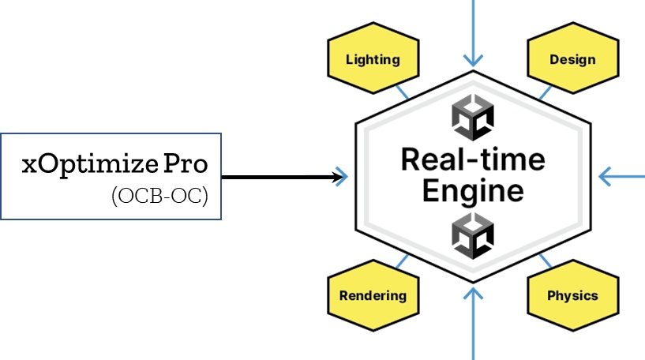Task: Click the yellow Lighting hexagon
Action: click(x=373, y=59)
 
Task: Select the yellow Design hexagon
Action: click(x=572, y=59)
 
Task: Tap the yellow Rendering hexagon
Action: click(x=373, y=296)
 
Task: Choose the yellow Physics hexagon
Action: click(x=572, y=296)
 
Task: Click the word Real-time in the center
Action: click(x=473, y=159)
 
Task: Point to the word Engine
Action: click(x=473, y=190)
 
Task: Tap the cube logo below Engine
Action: click(x=473, y=234)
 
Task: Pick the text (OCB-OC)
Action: click(x=160, y=195)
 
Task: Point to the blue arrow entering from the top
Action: click(x=473, y=32)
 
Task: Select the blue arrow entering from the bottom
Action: click(x=473, y=324)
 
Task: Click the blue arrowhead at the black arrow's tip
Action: click(x=341, y=177)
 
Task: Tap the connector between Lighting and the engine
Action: click(x=402, y=92)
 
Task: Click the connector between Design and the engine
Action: click(x=545, y=92)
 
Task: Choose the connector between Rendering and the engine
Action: click(x=402, y=261)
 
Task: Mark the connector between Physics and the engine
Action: click(x=545, y=261)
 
